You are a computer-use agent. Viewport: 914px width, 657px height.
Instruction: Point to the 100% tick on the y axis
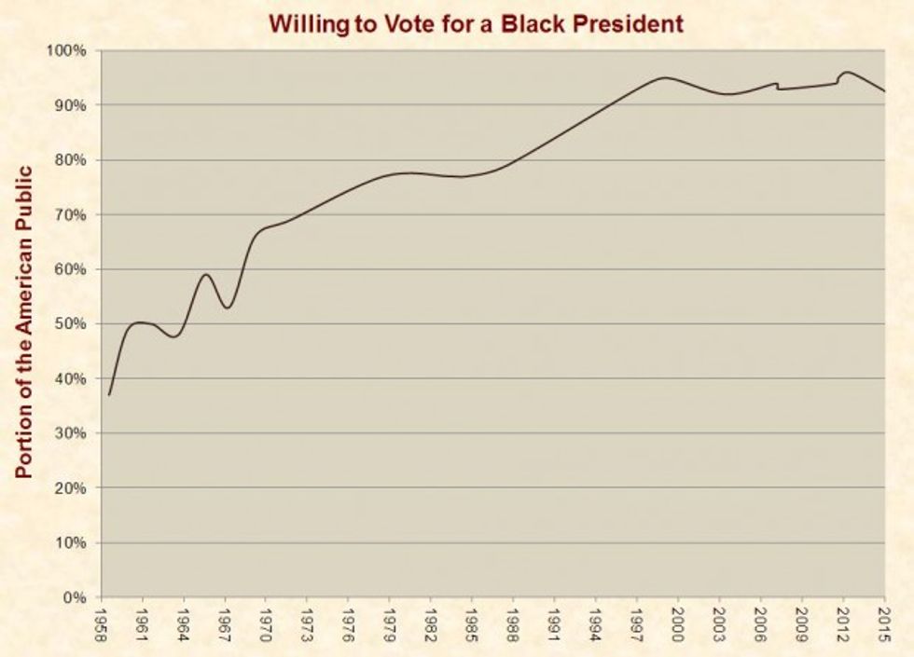(70, 50)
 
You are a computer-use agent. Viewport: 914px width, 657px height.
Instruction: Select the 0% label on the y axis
(76, 597)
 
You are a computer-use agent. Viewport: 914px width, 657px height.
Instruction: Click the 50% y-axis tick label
(73, 324)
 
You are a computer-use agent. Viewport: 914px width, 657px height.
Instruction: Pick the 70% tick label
(73, 214)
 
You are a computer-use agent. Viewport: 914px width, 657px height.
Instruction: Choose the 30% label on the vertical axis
(73, 433)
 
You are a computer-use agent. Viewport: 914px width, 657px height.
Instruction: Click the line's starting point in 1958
(109, 395)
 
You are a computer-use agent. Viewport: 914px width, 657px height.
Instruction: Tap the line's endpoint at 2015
(884, 91)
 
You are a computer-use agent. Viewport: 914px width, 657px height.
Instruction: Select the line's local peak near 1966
(206, 274)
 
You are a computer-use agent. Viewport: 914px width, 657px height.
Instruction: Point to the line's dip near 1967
(227, 308)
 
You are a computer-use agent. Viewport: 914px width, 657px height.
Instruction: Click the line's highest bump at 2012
(847, 72)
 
